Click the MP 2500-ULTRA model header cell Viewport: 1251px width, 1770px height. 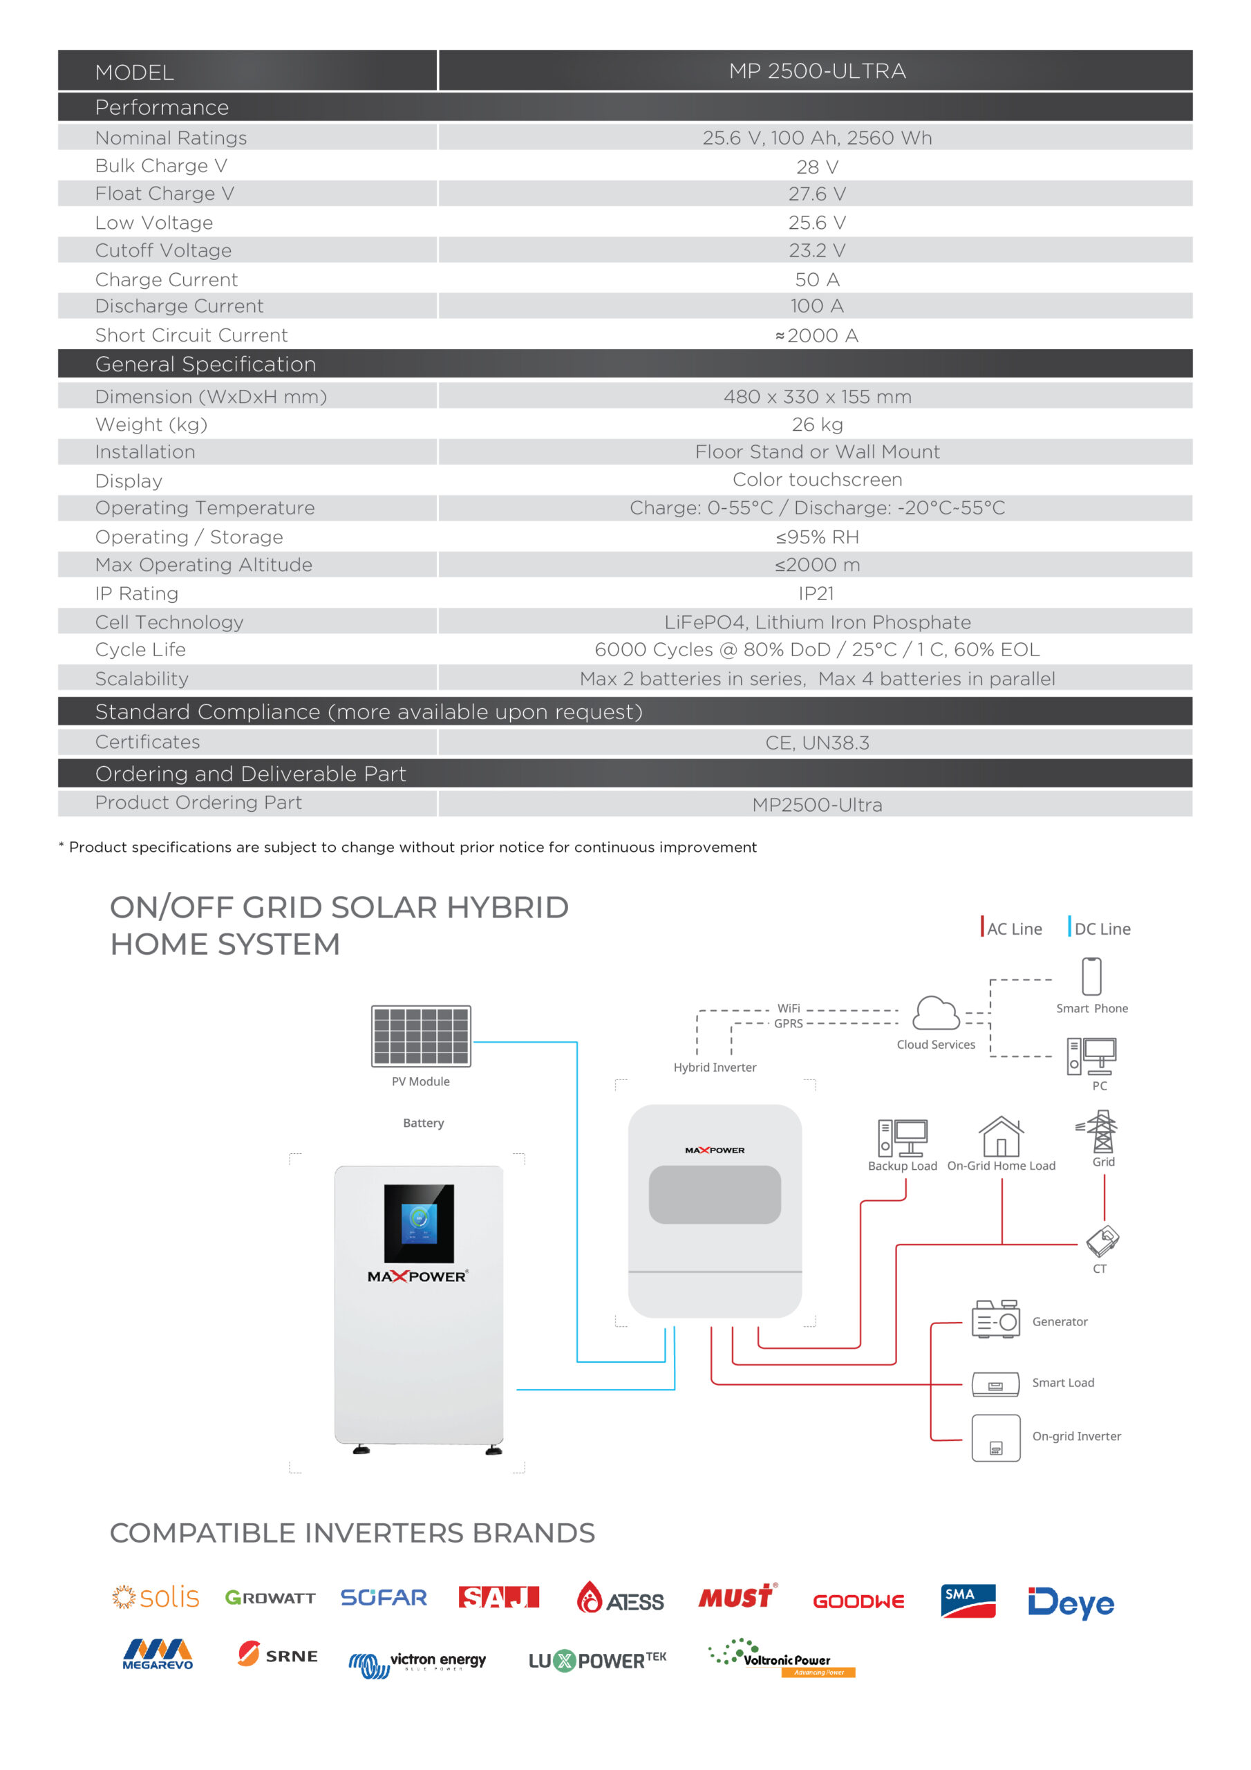point(816,71)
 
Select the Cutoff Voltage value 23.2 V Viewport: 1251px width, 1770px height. point(816,250)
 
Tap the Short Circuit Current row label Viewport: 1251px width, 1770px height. point(191,335)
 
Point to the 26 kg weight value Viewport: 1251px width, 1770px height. point(816,425)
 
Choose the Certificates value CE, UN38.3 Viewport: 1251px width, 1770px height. point(816,743)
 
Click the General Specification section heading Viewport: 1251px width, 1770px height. point(205,364)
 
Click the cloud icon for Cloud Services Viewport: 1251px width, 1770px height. point(935,1014)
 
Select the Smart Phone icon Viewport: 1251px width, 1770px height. point(1091,977)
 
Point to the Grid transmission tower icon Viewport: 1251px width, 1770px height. point(1102,1131)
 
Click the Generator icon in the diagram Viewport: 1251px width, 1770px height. point(995,1320)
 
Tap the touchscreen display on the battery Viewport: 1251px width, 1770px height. point(419,1223)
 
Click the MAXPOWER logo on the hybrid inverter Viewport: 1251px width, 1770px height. point(715,1150)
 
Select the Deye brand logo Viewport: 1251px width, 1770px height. point(1070,1603)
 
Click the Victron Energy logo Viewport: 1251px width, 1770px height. point(417,1663)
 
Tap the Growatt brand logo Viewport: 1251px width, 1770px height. point(270,1598)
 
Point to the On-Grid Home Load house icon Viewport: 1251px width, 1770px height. point(1001,1136)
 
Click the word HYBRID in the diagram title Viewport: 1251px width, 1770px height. point(507,907)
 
